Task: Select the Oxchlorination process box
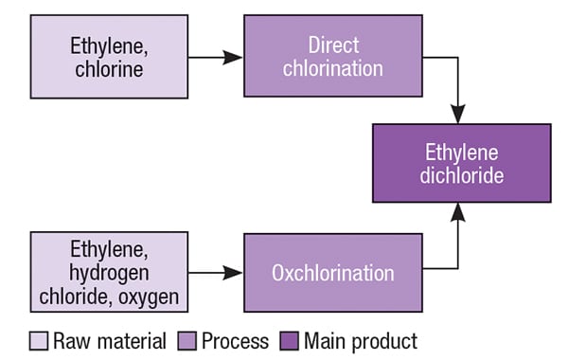tap(332, 273)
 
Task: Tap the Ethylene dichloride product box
tap(461, 163)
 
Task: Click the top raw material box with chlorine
tap(108, 56)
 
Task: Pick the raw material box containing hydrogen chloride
tap(108, 273)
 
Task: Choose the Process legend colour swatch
tap(185, 340)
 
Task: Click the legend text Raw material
tap(109, 340)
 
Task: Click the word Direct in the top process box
tap(332, 45)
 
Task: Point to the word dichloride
tap(461, 175)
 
